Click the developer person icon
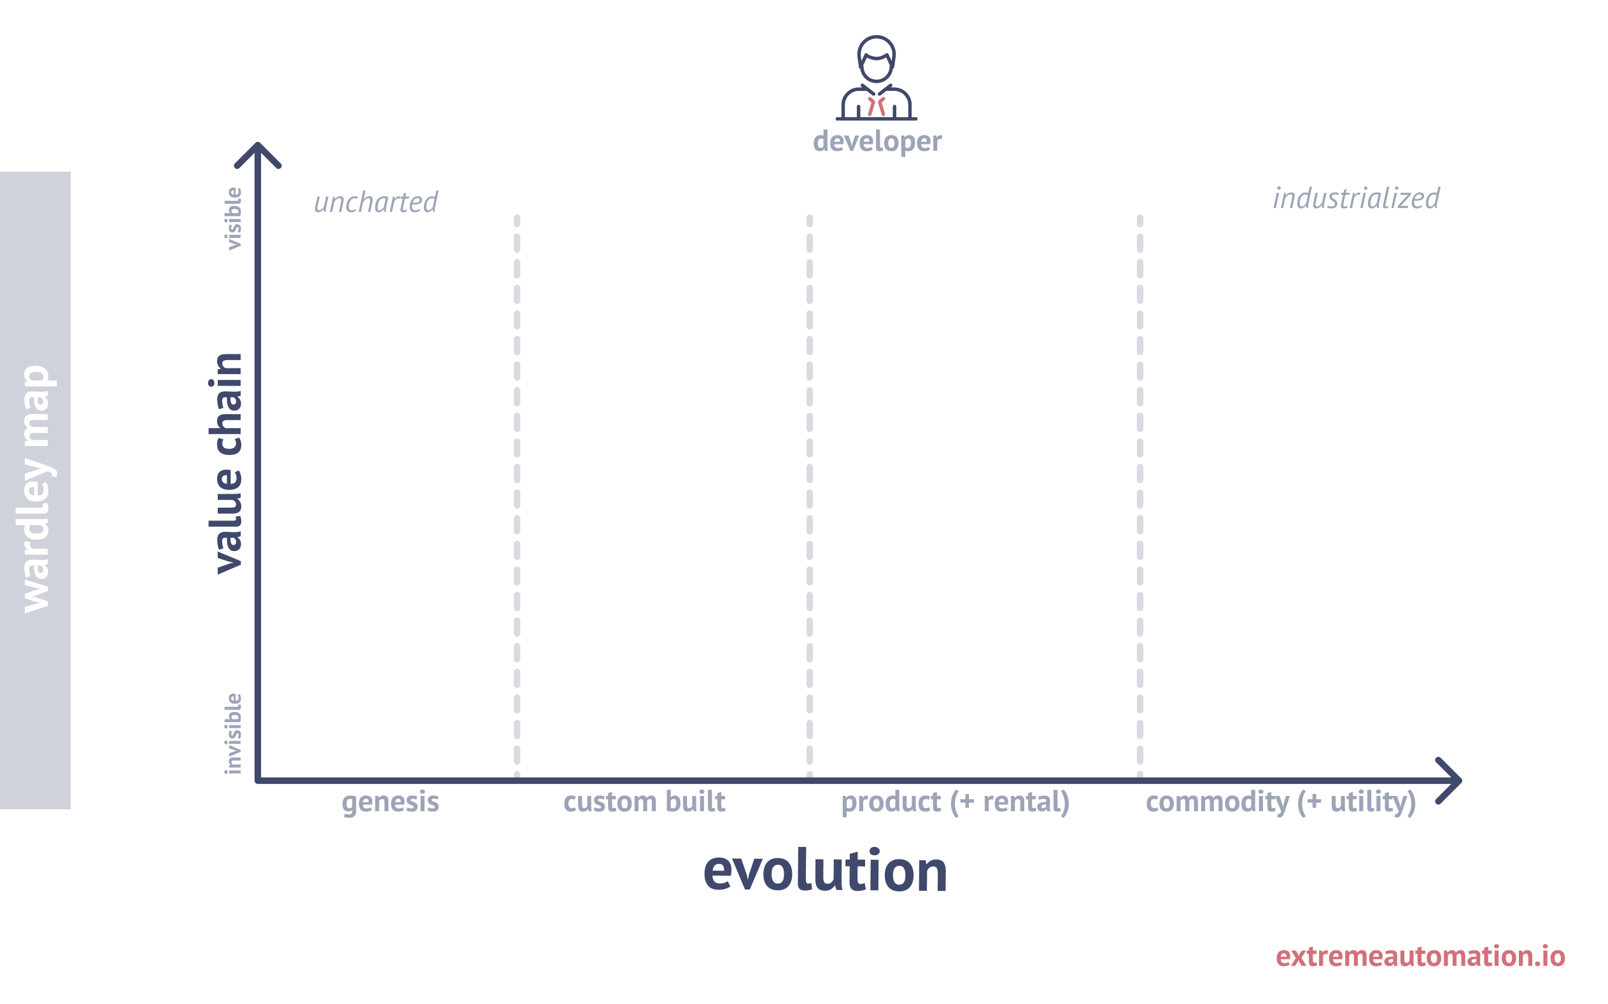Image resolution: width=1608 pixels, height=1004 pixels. [876, 78]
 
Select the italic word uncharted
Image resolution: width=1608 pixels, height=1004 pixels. [376, 202]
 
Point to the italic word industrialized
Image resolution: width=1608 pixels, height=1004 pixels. [1356, 199]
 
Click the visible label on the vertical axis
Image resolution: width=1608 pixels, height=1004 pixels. [232, 218]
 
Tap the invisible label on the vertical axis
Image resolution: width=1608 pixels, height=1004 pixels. [232, 733]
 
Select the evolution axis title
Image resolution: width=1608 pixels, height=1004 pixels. [825, 870]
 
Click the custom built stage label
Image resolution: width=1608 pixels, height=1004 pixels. [644, 801]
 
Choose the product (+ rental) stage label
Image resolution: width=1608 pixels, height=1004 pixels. [955, 802]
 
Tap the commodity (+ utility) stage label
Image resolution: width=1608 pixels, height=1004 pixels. [1281, 802]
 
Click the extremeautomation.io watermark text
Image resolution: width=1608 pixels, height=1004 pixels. [1420, 956]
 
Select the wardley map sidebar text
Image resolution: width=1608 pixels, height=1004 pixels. [36, 489]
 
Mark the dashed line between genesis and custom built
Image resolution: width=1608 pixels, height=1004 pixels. [517, 496]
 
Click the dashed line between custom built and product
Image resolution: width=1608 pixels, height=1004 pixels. [809, 496]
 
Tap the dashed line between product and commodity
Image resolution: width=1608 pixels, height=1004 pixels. [1139, 496]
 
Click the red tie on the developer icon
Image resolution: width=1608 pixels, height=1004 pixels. [876, 106]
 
